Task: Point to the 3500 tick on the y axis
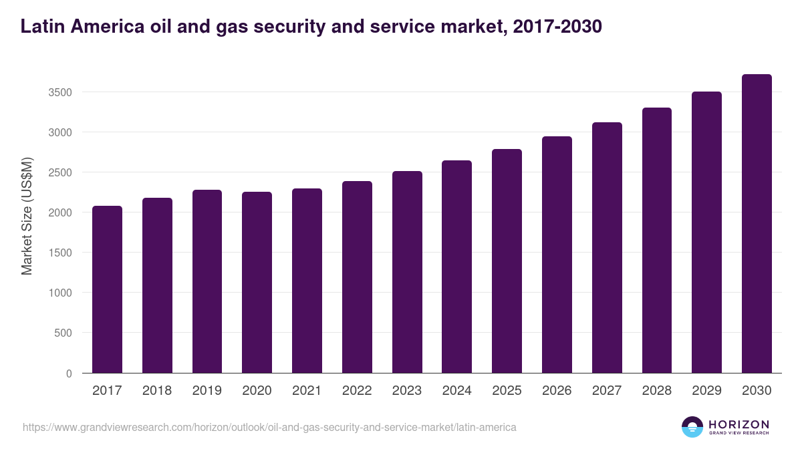(59, 92)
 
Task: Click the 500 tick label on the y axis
(63, 333)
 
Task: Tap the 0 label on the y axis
(69, 373)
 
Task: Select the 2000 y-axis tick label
(59, 212)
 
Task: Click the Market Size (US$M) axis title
(27, 216)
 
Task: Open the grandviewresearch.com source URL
(269, 427)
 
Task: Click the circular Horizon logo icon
(692, 427)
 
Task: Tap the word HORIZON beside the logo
(739, 424)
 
